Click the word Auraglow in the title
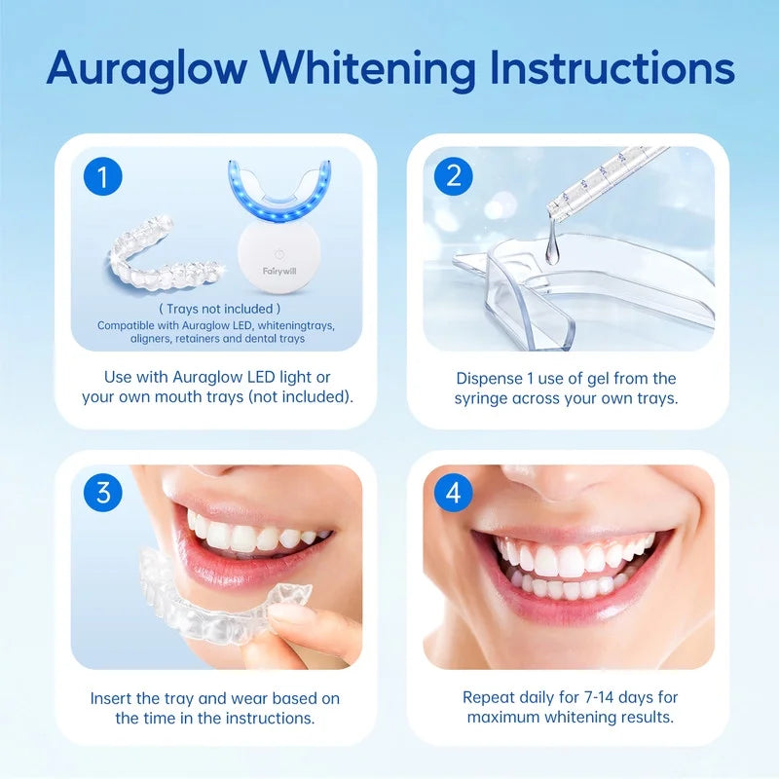pyautogui.click(x=147, y=68)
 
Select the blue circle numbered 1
pyautogui.click(x=103, y=176)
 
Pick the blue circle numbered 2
pyautogui.click(x=453, y=176)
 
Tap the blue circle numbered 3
pyautogui.click(x=103, y=493)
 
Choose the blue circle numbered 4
pyautogui.click(x=453, y=493)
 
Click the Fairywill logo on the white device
pyautogui.click(x=279, y=271)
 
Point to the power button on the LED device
pyautogui.click(x=279, y=254)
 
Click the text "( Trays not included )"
pyautogui.click(x=220, y=309)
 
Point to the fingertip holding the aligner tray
pyautogui.click(x=290, y=616)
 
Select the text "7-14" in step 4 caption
pyautogui.click(x=598, y=697)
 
